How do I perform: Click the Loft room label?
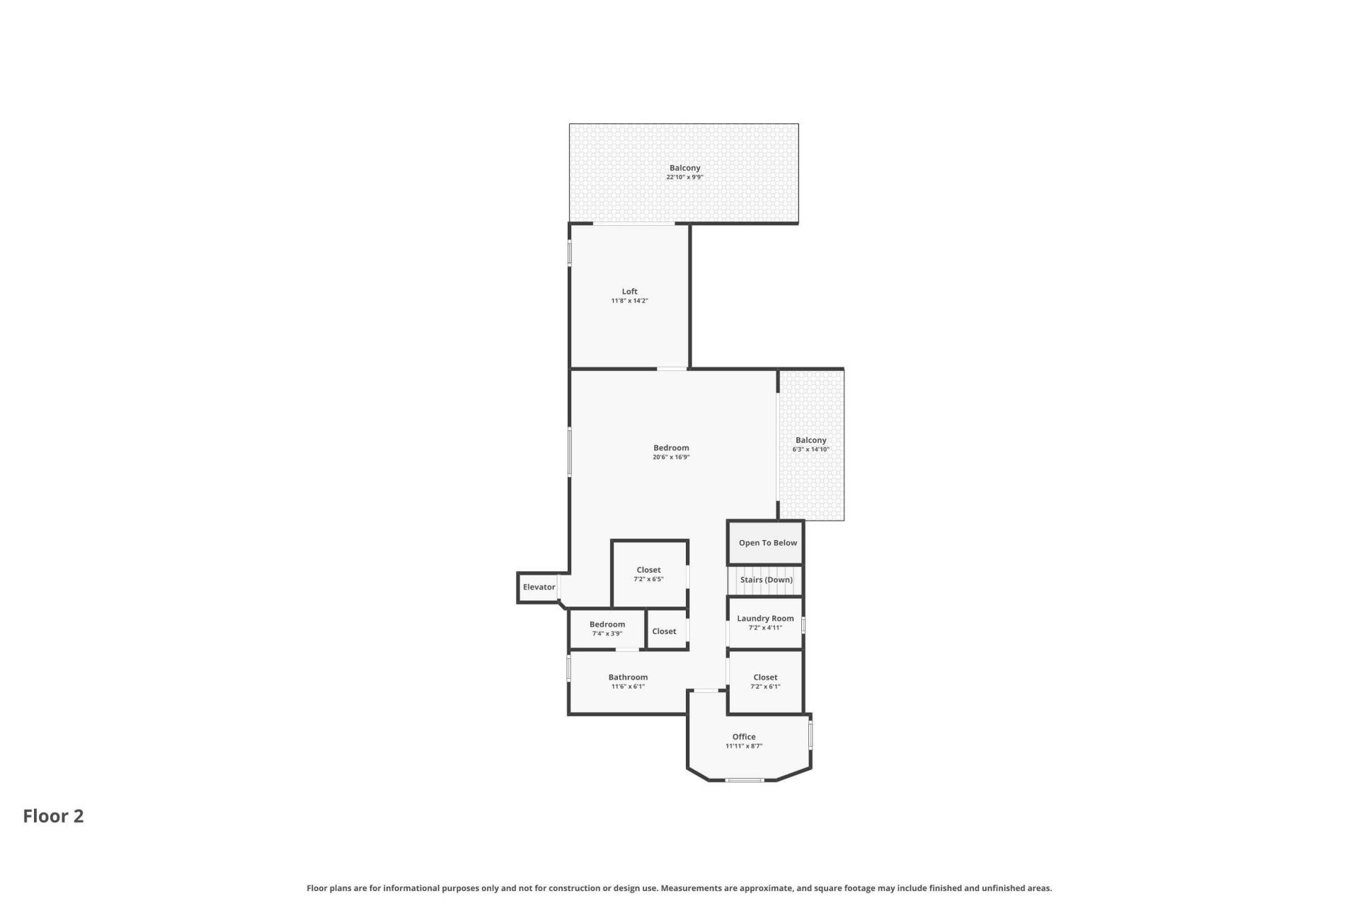coord(629,292)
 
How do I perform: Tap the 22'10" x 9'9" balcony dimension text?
coord(684,178)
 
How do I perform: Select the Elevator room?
coord(539,587)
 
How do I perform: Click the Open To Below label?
coord(767,543)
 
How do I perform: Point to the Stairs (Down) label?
coord(766,580)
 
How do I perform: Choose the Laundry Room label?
coord(765,619)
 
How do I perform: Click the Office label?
coord(743,737)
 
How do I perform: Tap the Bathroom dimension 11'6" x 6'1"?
coord(628,687)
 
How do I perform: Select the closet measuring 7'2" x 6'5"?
coord(648,574)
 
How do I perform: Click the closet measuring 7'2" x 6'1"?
coord(765,682)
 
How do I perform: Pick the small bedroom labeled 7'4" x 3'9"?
coord(607,629)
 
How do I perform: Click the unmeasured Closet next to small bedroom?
coord(664,631)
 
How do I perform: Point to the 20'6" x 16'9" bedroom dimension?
coord(671,457)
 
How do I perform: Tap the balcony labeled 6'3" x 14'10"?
coord(810,445)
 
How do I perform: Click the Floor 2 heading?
coord(53,816)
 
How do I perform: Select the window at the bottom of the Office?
coord(745,780)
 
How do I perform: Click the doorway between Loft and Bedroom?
coord(672,369)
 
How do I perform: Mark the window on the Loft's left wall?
coord(570,254)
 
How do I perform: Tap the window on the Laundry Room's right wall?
coord(803,625)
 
